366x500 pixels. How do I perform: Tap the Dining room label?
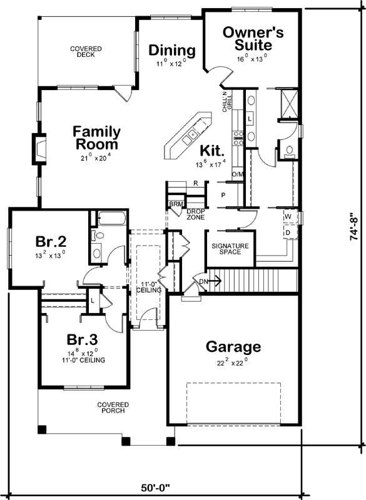[172, 51]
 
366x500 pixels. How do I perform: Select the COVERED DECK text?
[86, 51]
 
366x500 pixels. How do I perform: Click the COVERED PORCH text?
[112, 407]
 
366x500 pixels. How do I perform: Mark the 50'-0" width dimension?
[154, 486]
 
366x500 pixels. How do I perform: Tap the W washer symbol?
[288, 217]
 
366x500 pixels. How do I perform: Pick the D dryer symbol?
[288, 232]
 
